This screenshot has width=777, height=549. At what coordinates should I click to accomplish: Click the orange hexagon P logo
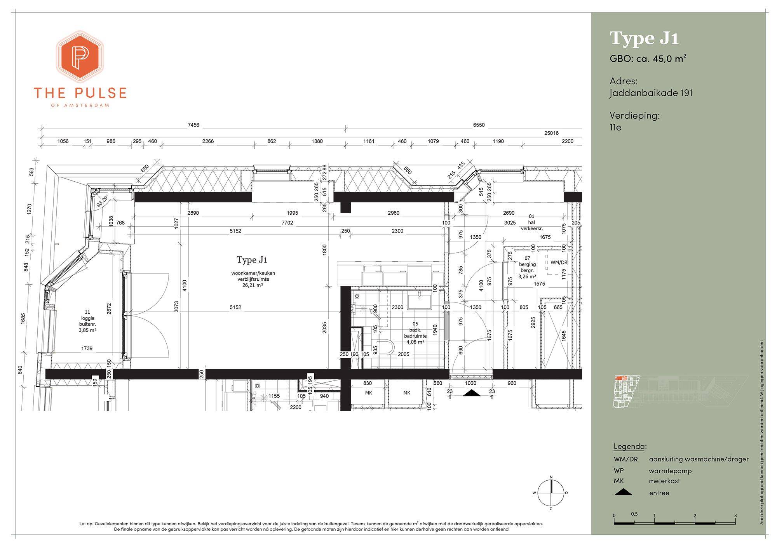coord(80,56)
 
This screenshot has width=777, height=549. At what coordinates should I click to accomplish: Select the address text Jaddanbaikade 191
coord(651,93)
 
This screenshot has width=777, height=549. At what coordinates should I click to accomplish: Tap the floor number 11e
coord(615,127)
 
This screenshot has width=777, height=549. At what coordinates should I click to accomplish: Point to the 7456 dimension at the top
coord(193,125)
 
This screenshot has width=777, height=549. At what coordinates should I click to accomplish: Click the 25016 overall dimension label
coord(551,133)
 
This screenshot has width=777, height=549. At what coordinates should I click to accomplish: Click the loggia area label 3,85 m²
coord(87,330)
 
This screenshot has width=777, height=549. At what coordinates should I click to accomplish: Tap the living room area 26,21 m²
coord(253,285)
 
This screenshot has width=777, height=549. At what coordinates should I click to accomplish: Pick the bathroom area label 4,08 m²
coord(415,342)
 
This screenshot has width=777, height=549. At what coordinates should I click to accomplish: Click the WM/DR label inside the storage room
coord(559,262)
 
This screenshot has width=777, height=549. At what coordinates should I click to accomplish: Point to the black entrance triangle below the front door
coord(470,393)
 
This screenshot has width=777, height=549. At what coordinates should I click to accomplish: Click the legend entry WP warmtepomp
coord(653,471)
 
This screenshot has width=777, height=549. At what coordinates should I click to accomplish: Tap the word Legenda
coord(630,446)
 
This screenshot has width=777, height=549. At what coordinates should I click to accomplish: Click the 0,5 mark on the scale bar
coord(634,514)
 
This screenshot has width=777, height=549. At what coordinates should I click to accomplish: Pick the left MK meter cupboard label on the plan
coord(369,393)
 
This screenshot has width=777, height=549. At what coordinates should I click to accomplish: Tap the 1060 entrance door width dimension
coord(470,383)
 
